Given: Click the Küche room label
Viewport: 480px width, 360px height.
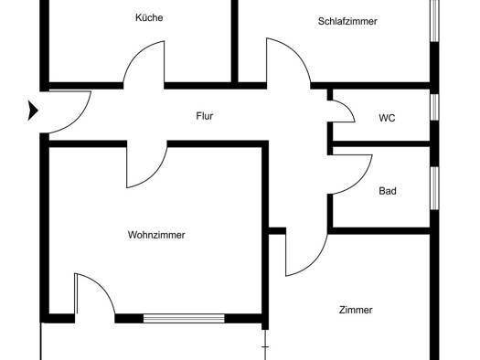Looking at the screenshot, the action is (149, 17).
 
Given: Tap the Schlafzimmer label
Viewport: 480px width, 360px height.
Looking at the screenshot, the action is (347, 21).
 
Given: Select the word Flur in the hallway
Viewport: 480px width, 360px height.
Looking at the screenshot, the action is (205, 116).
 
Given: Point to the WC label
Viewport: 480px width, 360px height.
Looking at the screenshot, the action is (387, 118).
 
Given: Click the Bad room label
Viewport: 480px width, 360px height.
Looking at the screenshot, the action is (388, 191).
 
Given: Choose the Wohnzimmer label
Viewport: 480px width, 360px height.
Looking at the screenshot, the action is (156, 235).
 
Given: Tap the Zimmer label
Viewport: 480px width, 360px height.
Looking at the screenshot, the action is (356, 310).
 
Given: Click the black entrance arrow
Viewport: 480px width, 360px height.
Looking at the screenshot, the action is (33, 111).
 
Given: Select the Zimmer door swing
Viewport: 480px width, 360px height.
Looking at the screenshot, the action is (315, 263).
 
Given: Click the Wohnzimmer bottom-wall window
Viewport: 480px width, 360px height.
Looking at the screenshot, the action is (184, 318).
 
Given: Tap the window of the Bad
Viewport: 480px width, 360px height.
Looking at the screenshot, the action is (434, 188).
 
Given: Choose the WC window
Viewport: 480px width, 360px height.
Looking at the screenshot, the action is (434, 107).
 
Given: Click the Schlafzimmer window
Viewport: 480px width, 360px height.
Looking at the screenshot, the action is (434, 21).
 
